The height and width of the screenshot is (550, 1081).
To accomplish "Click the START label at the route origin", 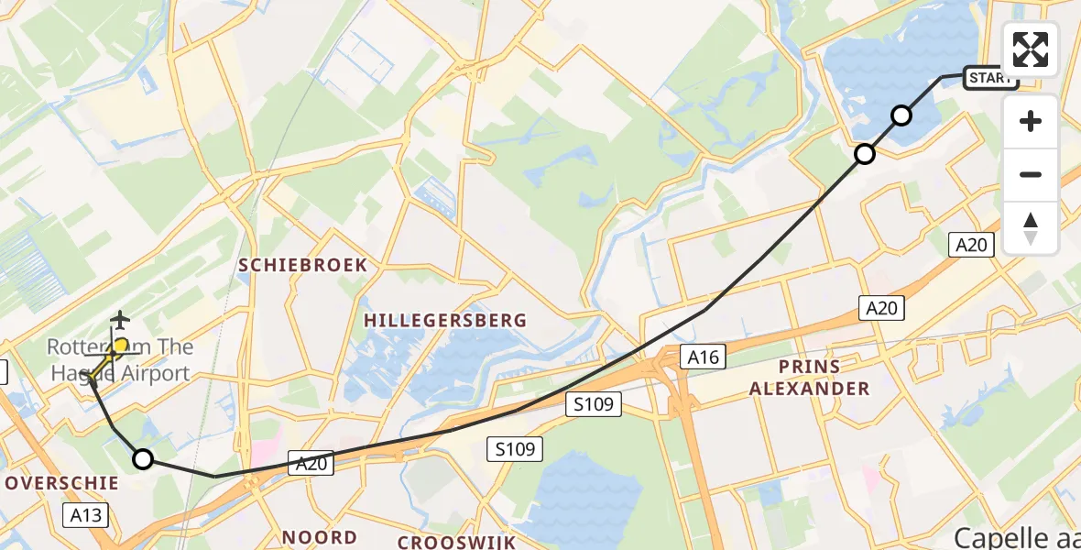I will click(x=991, y=78).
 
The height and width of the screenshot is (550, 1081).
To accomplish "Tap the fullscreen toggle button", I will click(x=1031, y=49).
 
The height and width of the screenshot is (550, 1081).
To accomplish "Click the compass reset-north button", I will click(x=1031, y=228).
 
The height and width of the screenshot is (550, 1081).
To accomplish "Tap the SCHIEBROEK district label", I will click(x=302, y=265).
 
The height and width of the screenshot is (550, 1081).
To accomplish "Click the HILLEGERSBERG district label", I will click(x=445, y=320).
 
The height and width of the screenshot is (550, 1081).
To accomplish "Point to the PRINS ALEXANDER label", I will click(x=809, y=378).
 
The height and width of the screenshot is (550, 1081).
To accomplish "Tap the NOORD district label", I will click(x=319, y=537).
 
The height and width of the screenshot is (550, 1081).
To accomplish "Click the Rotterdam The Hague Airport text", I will click(x=119, y=360).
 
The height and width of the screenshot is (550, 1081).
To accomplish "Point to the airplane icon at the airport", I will click(x=119, y=320).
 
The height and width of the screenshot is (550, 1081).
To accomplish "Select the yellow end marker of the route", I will click(x=119, y=346).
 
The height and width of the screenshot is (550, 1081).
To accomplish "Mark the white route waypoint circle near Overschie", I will click(x=143, y=459).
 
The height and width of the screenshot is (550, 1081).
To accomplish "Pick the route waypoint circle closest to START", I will click(x=901, y=115).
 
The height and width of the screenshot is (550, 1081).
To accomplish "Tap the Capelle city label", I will click(x=1017, y=536).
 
